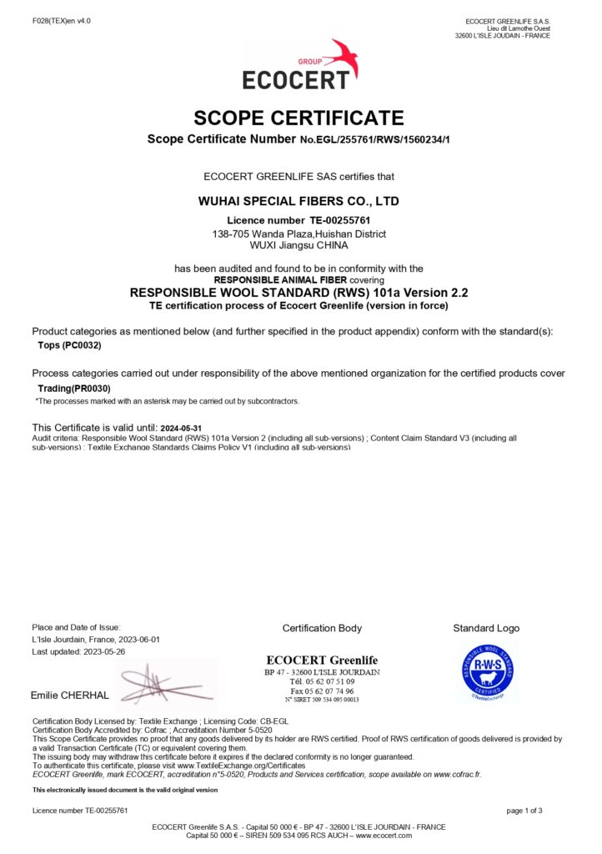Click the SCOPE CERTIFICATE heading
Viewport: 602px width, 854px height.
(x=298, y=118)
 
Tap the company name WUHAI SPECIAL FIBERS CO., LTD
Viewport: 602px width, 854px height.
(x=298, y=201)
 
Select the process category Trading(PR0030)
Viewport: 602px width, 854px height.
(x=74, y=389)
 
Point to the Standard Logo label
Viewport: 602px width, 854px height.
(x=486, y=628)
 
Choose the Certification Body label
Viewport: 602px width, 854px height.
(x=322, y=628)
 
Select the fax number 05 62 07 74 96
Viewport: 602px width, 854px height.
(x=331, y=691)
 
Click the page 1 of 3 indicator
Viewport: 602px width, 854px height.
(x=524, y=810)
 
